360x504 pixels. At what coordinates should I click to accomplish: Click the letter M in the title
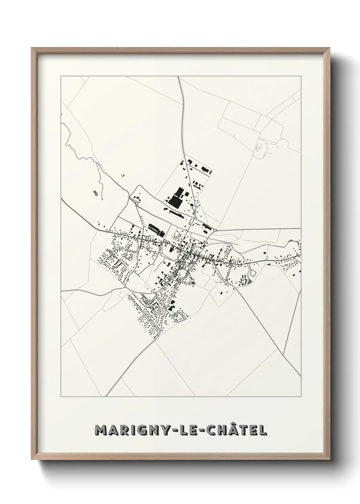[101, 430]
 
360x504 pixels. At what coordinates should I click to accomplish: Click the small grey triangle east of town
[251, 282]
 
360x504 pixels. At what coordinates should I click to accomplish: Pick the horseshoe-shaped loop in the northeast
[259, 147]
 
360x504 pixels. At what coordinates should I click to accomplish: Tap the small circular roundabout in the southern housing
[165, 297]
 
